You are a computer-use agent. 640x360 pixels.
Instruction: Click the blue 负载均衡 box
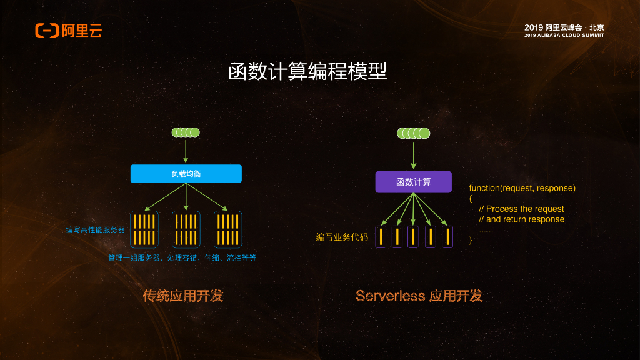[186, 174]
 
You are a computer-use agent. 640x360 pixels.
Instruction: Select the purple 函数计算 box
[413, 182]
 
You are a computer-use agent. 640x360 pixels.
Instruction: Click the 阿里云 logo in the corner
[69, 30]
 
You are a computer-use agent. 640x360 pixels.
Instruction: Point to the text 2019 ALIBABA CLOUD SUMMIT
[564, 35]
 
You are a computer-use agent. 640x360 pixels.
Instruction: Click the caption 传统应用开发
[183, 296]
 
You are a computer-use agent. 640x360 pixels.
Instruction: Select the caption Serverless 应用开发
[419, 296]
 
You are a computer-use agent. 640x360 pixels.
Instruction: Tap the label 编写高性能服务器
[96, 230]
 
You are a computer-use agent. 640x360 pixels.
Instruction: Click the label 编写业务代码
[342, 237]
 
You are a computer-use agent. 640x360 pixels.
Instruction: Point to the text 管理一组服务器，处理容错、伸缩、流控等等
[182, 257]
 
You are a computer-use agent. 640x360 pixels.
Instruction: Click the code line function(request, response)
[522, 188]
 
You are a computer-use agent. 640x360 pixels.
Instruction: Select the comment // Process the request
[521, 209]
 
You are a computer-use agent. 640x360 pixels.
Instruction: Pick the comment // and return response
[521, 219]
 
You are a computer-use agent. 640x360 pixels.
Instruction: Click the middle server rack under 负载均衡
[186, 229]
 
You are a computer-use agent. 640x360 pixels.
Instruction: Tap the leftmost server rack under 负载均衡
[144, 229]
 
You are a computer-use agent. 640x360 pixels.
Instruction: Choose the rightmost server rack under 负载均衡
[227, 229]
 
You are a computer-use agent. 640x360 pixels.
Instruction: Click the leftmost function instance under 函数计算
[381, 237]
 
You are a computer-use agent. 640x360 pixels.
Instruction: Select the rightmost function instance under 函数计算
[447, 237]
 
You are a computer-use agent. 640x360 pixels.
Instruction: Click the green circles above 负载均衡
[186, 132]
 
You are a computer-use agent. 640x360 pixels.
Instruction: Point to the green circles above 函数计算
[413, 132]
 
